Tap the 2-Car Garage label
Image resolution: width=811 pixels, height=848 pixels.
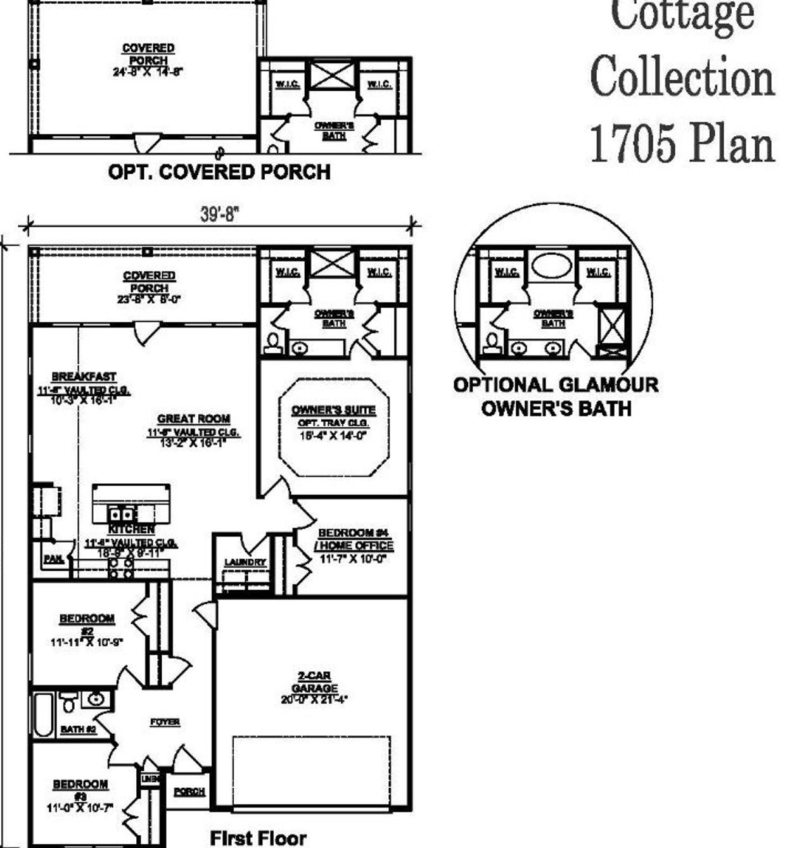click(314, 683)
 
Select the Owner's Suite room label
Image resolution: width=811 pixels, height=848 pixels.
click(333, 410)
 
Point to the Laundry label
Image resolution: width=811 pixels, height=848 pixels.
click(245, 562)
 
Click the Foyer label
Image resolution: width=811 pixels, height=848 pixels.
click(165, 722)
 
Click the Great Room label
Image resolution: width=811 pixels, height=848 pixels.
click(193, 419)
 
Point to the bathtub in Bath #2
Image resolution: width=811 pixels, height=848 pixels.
click(43, 715)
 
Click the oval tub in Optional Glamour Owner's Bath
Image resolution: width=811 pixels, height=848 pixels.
click(551, 265)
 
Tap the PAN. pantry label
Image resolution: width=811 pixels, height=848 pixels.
click(53, 559)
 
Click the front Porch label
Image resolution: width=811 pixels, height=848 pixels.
click(189, 792)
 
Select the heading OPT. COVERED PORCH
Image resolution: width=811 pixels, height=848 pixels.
click(219, 172)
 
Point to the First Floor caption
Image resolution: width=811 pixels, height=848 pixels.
click(258, 838)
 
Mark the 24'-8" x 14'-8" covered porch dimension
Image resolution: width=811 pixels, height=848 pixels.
click(148, 72)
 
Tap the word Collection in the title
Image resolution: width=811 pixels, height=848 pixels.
click(682, 78)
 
